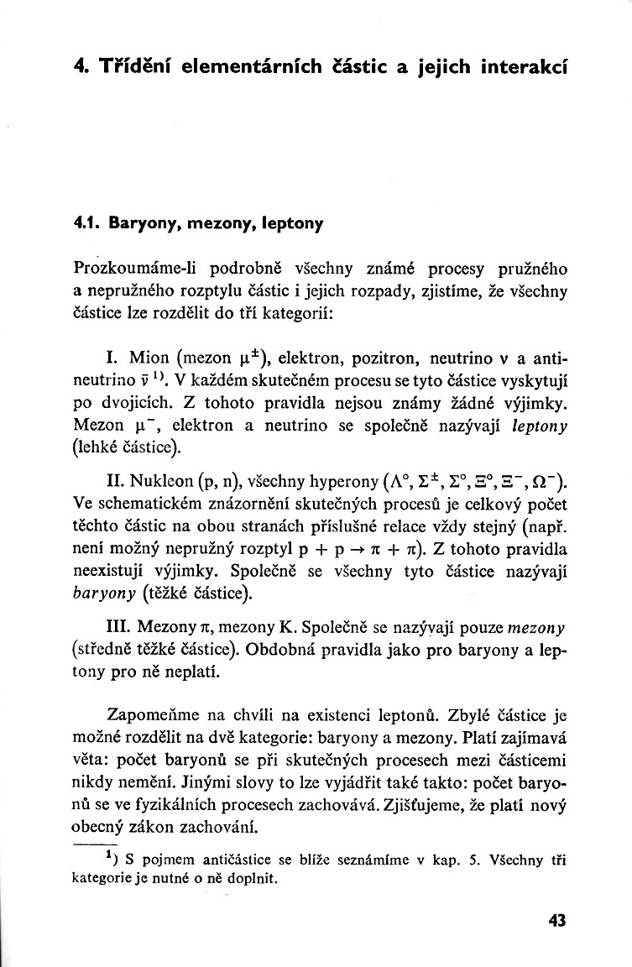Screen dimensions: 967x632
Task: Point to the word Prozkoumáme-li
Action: pos(133,270)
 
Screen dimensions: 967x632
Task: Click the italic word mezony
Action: pos(538,627)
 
